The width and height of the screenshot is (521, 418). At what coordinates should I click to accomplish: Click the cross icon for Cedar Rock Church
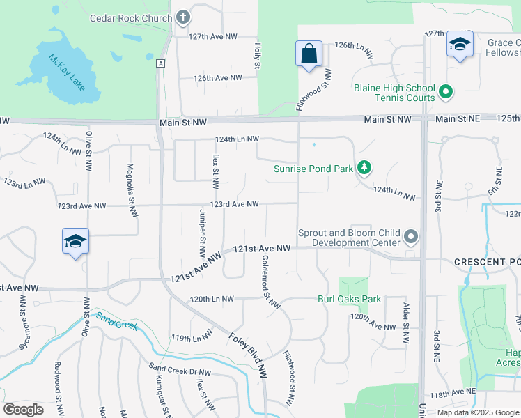point(183,17)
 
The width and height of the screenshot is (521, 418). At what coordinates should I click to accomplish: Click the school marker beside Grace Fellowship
point(460,45)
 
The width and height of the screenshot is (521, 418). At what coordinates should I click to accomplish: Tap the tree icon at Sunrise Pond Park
point(363,168)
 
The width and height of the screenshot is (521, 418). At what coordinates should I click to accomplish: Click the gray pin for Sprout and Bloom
point(411,238)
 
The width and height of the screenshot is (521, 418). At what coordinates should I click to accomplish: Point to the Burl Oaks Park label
point(349,300)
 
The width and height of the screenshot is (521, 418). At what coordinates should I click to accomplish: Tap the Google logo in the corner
point(23,410)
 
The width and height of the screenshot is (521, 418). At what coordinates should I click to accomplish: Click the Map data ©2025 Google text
point(478,412)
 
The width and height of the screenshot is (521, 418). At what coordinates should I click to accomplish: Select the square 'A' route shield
point(161,63)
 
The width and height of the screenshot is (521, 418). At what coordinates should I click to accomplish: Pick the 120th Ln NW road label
point(212,299)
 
